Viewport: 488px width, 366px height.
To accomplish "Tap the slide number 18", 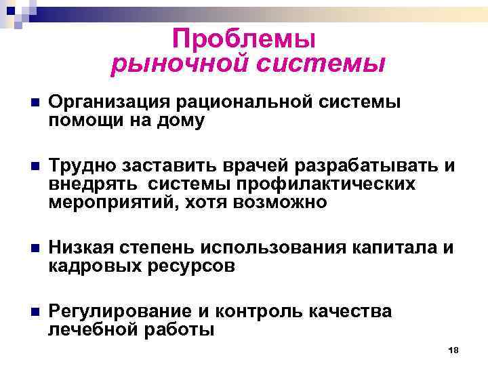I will pos(454,350).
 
